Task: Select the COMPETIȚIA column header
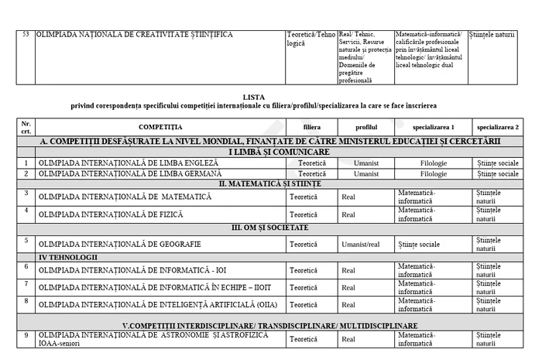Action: [x=161, y=125]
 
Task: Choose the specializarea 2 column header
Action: [x=498, y=125]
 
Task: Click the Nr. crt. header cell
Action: [x=26, y=125]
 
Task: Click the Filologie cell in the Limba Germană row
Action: [x=433, y=174]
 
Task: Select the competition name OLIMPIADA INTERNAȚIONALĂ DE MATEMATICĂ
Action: [x=125, y=197]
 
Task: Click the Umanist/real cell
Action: [x=361, y=244]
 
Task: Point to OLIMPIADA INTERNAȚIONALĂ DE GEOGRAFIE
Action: [x=119, y=244]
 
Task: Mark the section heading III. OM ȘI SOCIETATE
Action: [x=270, y=228]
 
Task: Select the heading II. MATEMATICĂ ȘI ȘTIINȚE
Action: [x=270, y=184]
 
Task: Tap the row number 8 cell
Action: [x=26, y=301]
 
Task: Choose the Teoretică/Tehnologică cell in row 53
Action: [x=311, y=39]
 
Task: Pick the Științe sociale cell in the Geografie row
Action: [x=419, y=244]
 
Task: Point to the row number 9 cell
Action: [x=26, y=335]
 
